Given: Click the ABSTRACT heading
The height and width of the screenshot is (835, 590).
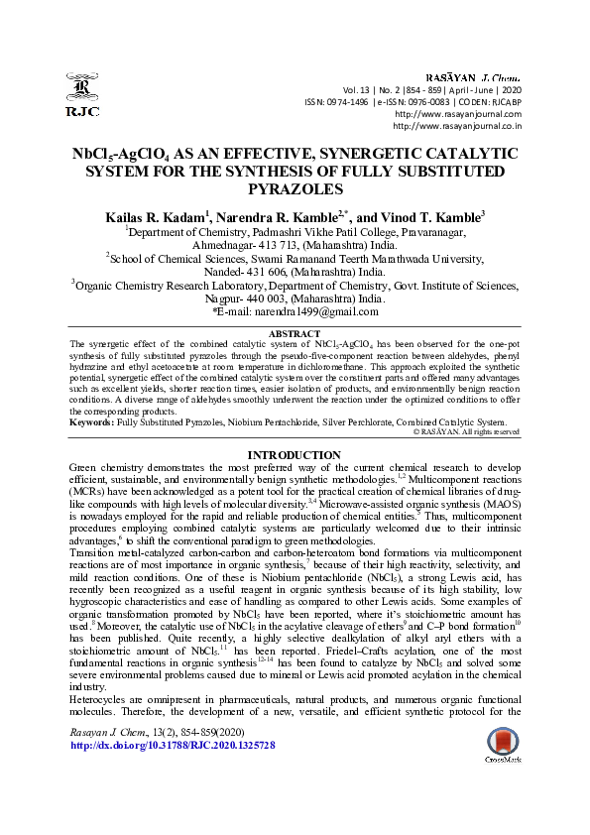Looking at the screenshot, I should click(295, 334).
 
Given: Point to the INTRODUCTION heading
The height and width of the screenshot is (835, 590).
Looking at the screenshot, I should click(295, 454).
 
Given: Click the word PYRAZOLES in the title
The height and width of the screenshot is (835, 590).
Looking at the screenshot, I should click(295, 188).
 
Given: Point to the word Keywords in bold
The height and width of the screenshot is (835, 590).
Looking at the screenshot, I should click(90, 422).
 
